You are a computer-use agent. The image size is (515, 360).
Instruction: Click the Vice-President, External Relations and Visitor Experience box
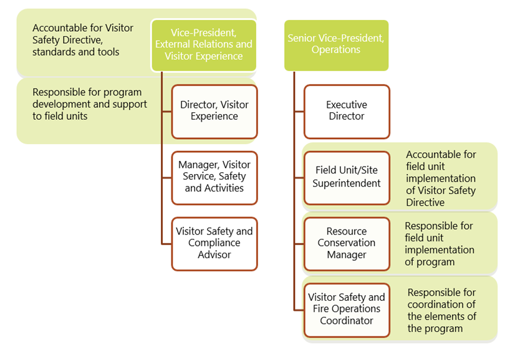coord(204,45)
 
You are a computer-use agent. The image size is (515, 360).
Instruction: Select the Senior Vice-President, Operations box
coord(336,45)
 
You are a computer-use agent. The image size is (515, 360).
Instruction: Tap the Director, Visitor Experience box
coord(214,111)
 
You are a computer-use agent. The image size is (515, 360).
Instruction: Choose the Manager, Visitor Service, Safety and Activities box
coord(214,177)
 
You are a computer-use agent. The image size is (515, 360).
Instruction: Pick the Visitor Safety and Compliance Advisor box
coord(214,243)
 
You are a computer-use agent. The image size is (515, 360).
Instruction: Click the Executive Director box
coord(347,111)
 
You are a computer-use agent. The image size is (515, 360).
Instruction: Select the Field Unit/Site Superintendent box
coord(347,177)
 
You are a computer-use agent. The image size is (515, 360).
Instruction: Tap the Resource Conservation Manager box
coord(347,243)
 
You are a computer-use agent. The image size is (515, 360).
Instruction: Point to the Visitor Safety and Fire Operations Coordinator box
coord(347,309)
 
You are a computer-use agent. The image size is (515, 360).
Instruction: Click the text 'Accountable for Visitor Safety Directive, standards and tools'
coord(83,40)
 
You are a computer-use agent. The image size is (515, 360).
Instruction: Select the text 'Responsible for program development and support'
coord(89,104)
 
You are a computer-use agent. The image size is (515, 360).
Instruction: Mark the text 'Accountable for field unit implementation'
coord(441,178)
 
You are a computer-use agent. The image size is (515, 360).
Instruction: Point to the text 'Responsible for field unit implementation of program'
coord(439,244)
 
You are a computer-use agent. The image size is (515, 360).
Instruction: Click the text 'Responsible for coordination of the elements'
coord(441,310)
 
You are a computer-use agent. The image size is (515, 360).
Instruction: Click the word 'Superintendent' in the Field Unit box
coord(347,183)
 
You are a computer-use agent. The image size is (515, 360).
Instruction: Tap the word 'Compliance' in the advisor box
coord(214,243)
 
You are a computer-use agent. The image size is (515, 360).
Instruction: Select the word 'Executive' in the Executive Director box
coord(347,105)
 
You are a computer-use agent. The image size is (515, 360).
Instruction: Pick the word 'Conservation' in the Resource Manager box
coord(347,243)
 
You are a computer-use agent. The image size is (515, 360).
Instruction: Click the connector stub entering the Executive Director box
coord(299,112)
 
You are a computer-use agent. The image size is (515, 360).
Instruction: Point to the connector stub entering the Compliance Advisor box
coord(166,244)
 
